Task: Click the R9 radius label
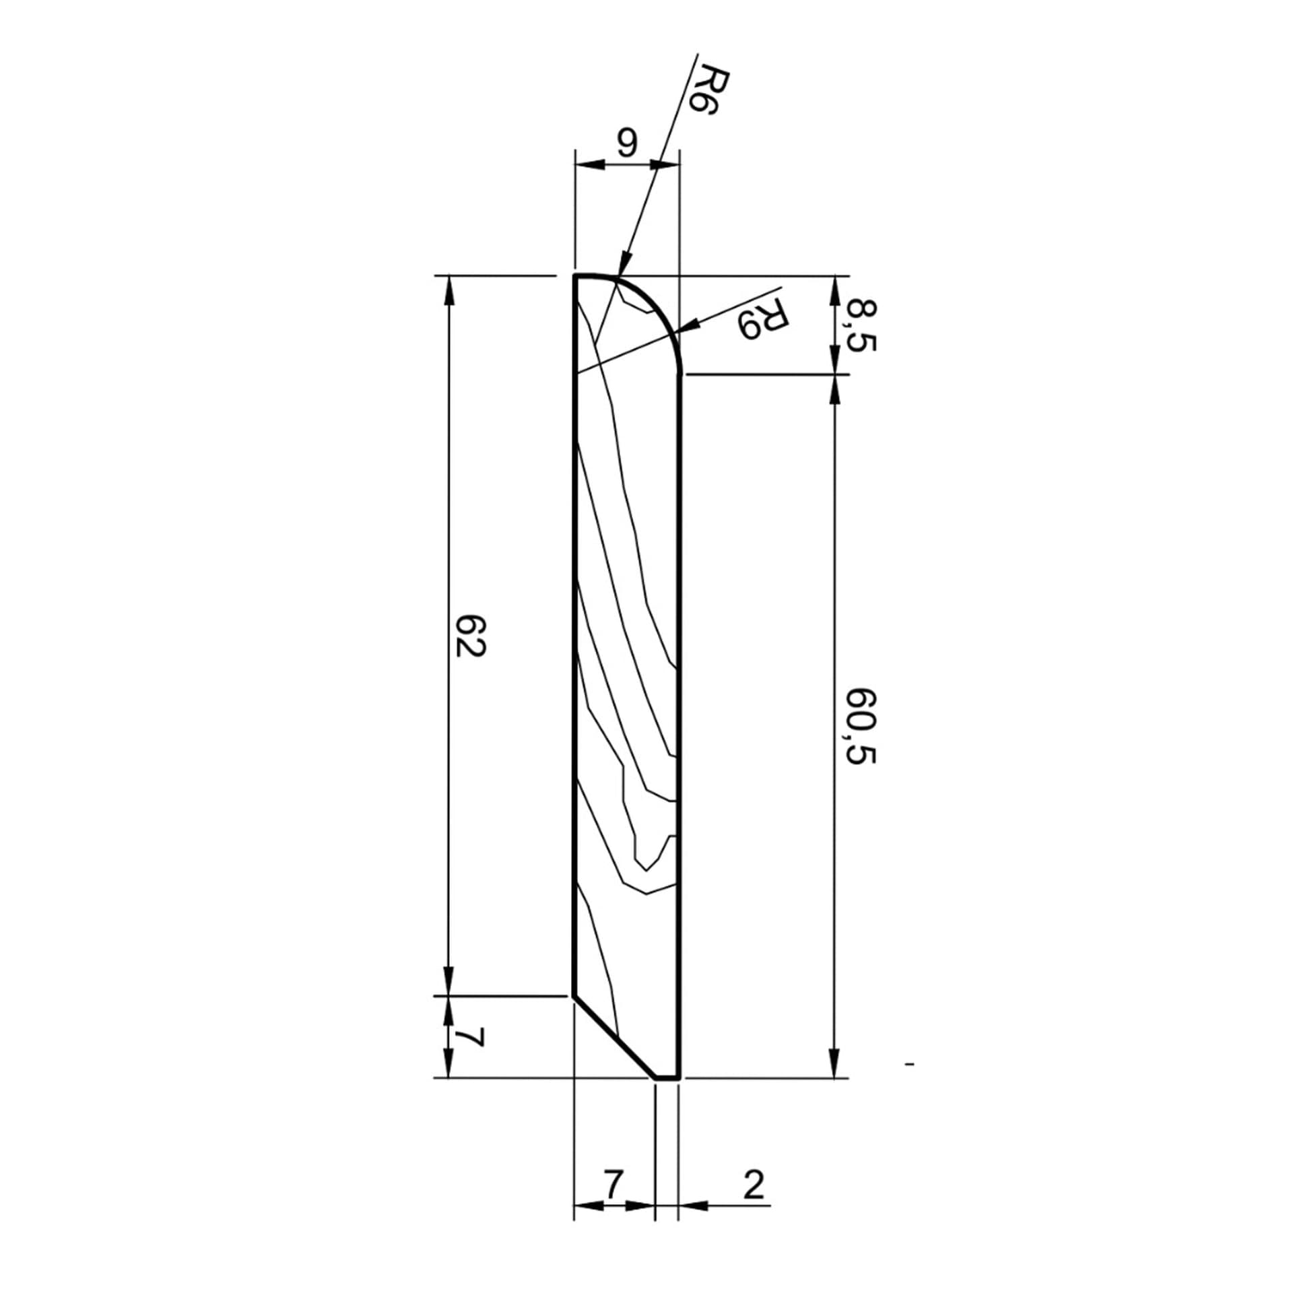(x=762, y=318)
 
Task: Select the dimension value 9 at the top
(x=626, y=143)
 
